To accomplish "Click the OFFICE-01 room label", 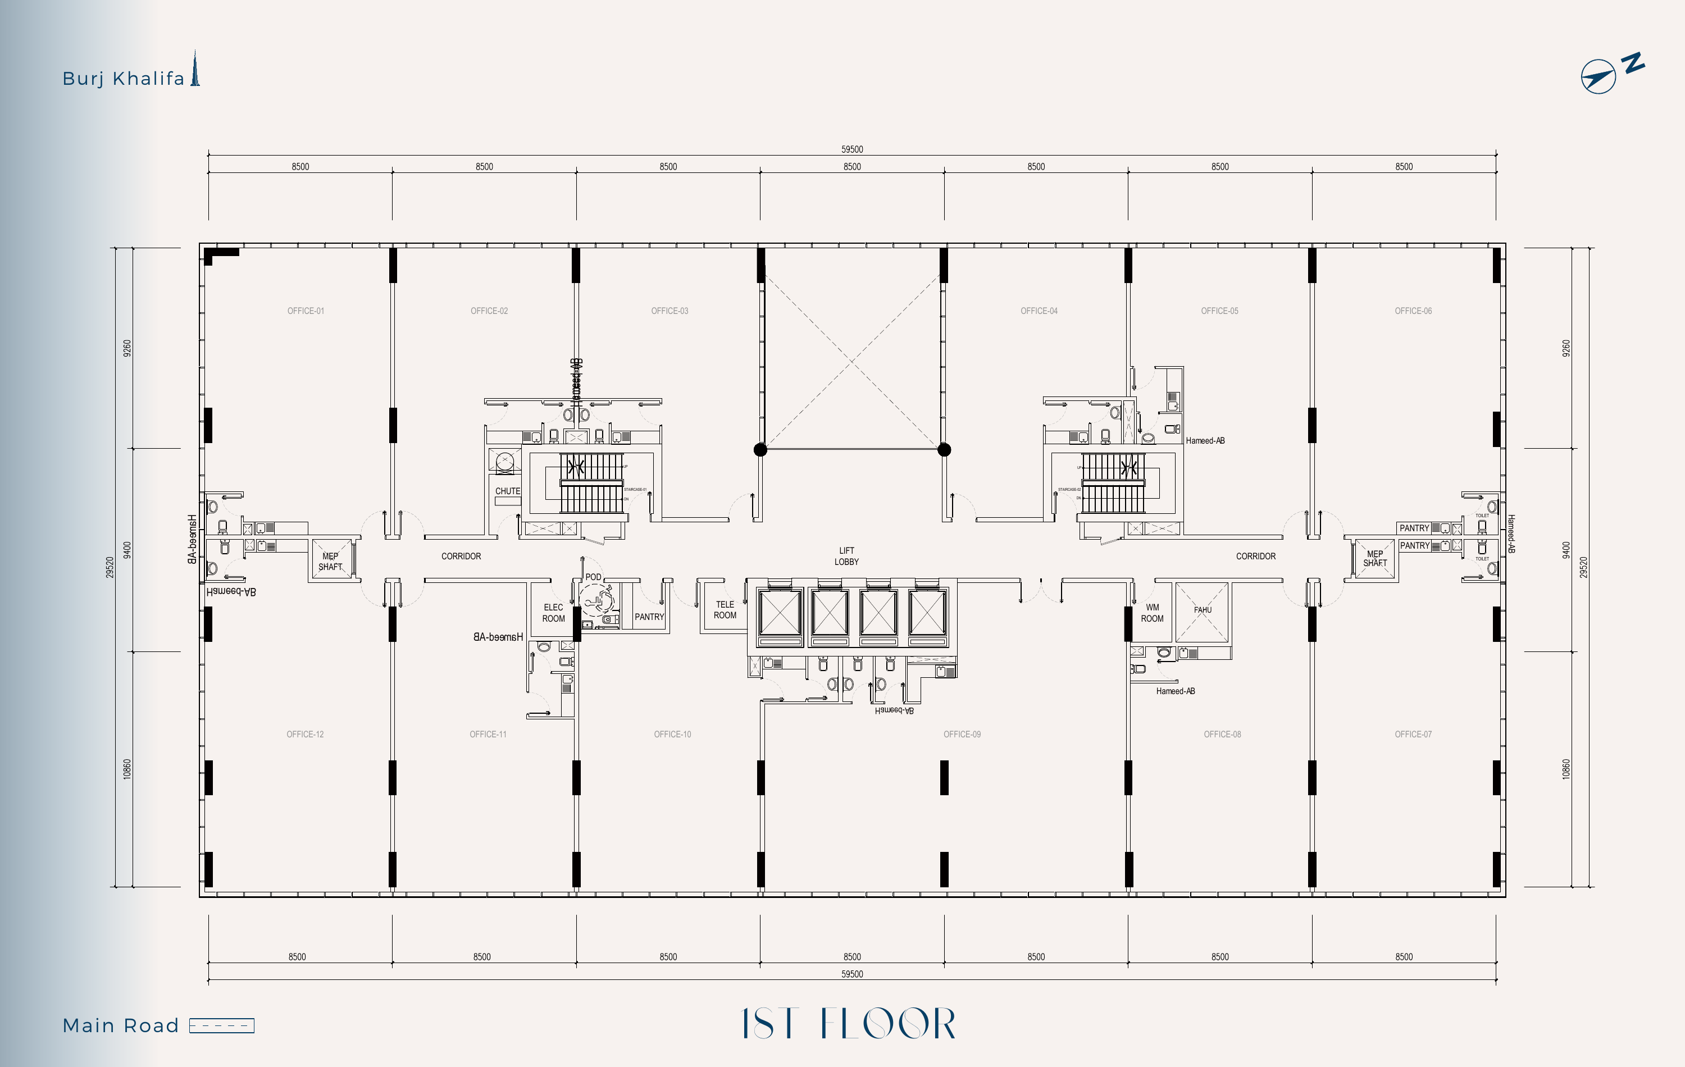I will [306, 311].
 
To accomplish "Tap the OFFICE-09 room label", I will [962, 734].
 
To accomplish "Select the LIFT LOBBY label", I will [846, 556].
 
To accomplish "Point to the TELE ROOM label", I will [725, 610].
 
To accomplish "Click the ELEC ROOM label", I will [553, 613].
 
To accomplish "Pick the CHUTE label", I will [507, 491].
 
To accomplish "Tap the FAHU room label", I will [1202, 609].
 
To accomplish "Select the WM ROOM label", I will [1152, 613].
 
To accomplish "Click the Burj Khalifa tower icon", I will [196, 69].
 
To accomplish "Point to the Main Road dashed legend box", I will [222, 1025].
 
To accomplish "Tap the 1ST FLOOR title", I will [848, 1024].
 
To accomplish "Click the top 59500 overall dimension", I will [851, 149].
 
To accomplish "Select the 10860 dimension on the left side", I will [126, 769].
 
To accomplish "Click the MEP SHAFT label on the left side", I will [330, 561].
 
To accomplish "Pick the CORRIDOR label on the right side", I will [1255, 556].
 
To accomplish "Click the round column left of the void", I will [760, 450].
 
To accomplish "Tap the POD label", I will [593, 577].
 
